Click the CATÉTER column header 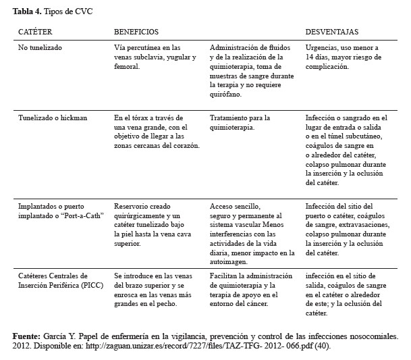click(35, 32)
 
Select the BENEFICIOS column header click(136, 32)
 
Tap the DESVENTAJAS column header click(332, 32)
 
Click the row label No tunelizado click(40, 49)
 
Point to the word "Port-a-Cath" click(74, 215)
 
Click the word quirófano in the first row click(225, 95)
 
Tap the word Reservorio click(130, 206)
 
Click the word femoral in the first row click(127, 67)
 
